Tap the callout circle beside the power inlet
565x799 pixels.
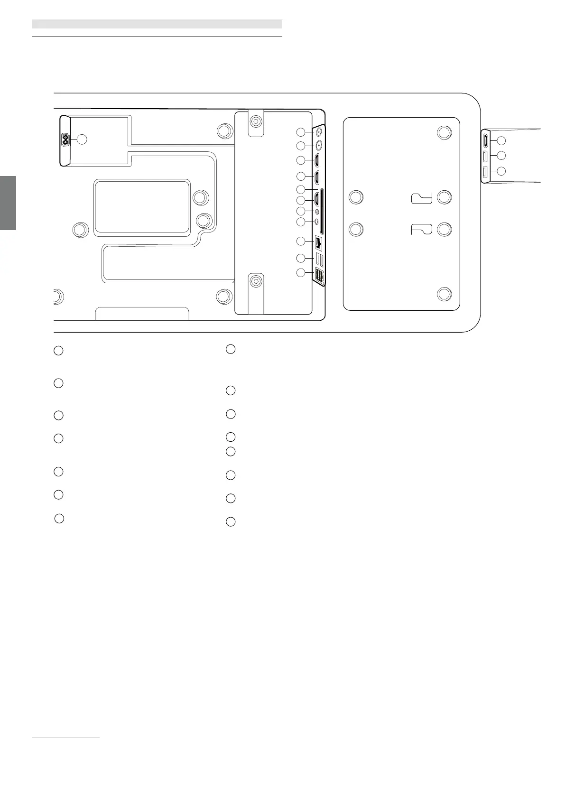point(82,139)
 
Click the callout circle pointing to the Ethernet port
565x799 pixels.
point(301,242)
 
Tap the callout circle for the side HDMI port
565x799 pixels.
point(501,140)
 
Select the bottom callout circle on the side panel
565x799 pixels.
point(501,171)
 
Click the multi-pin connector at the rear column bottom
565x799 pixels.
point(319,276)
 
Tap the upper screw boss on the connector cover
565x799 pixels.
point(256,121)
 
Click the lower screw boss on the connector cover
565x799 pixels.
point(256,281)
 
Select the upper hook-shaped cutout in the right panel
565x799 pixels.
point(421,198)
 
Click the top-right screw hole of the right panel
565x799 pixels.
point(444,132)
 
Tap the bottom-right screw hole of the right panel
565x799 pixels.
point(444,294)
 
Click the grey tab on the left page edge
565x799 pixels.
point(8,203)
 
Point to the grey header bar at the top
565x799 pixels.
point(157,24)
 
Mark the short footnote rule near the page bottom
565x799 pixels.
point(66,737)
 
